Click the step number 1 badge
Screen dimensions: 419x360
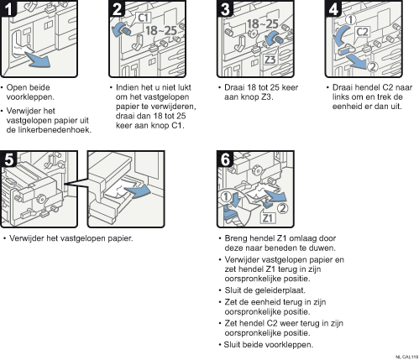[8, 8]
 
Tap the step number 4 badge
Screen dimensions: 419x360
[333, 8]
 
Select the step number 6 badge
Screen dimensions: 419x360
[225, 159]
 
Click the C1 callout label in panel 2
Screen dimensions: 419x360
[144, 18]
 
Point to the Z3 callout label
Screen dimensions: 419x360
[270, 60]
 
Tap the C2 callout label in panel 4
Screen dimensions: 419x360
[363, 32]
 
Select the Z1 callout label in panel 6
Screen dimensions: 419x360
[268, 217]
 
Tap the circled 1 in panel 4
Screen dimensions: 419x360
[350, 20]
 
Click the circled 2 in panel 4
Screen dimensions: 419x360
[372, 67]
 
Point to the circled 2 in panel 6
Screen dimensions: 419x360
[282, 208]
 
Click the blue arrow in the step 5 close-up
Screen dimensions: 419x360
[137, 191]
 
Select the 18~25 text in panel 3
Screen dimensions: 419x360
[262, 24]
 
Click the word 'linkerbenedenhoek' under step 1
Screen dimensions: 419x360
[48, 130]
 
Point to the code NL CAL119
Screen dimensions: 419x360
[407, 357]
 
